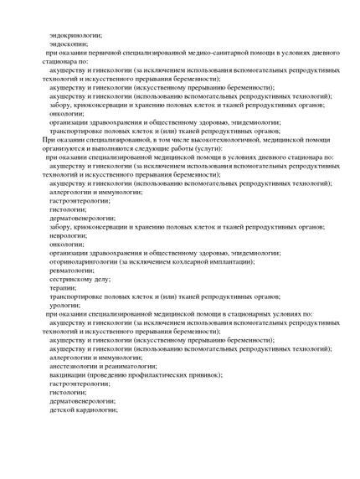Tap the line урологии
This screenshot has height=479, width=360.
[65, 305]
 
